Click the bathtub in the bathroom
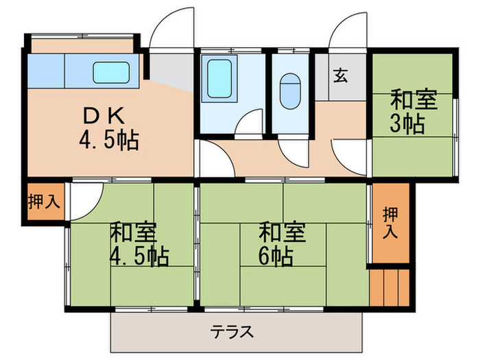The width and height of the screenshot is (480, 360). (218, 81)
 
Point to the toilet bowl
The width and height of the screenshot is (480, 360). (291, 89)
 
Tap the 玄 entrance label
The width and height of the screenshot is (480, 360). (340, 75)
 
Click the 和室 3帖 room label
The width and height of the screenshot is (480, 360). (413, 101)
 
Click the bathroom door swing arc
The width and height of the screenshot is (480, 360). (248, 122)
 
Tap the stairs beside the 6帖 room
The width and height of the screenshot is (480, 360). (389, 285)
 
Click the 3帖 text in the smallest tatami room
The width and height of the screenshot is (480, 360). (407, 125)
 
